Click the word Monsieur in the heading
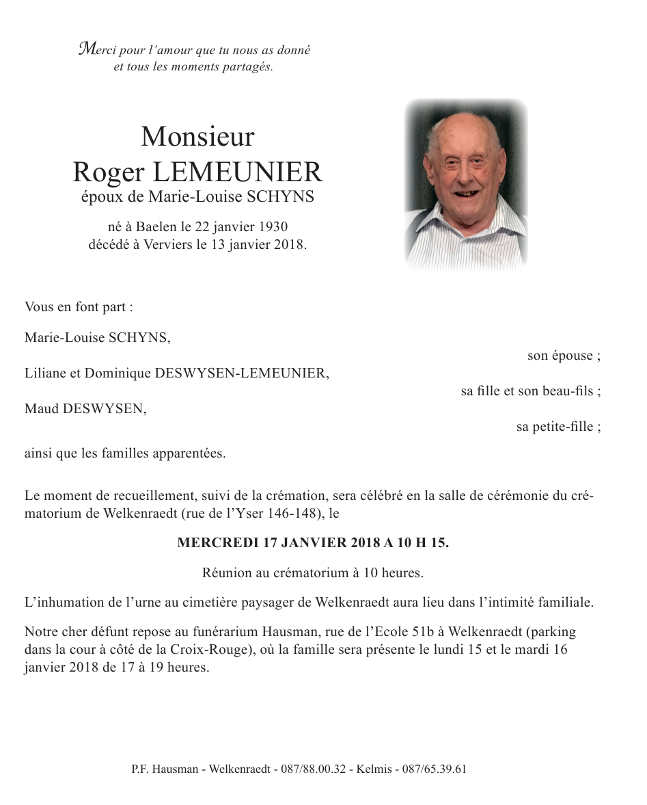[x=197, y=137]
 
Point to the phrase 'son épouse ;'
[x=564, y=356]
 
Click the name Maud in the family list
[x=40, y=409]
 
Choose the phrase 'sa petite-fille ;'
[x=558, y=427]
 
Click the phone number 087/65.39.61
[x=435, y=769]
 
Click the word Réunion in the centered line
[x=225, y=572]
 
